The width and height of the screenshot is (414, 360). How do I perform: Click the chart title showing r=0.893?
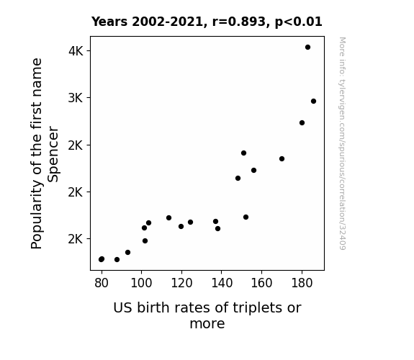point(207,22)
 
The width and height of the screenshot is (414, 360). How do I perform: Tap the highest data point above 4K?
point(307,48)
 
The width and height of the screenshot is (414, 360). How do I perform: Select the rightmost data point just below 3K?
point(313,101)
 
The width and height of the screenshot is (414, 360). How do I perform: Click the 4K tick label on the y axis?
point(76,51)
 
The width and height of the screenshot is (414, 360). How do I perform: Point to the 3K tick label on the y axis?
point(76,98)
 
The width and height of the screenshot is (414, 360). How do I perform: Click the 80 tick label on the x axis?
point(102,283)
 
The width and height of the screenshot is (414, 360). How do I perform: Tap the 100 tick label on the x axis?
point(141,283)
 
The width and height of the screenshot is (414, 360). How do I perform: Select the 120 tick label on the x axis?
point(181,283)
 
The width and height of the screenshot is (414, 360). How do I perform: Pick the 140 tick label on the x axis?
point(222,283)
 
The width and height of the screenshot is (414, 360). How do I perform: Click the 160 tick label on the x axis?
point(261,283)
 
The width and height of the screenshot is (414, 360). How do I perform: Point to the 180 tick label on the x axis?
point(302,283)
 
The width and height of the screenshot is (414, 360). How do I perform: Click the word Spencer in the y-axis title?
point(53,154)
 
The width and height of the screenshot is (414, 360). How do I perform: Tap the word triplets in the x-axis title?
point(253,308)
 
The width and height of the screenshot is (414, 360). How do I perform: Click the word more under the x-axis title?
point(207,324)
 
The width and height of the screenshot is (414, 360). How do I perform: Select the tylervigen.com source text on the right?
point(342,143)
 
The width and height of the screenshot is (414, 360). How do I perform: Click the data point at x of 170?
point(282,158)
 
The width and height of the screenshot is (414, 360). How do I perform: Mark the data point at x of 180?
point(302,123)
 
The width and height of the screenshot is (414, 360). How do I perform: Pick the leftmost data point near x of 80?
point(101,259)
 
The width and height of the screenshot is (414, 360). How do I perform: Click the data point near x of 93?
point(127,253)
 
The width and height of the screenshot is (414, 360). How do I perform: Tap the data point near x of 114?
point(169,218)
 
